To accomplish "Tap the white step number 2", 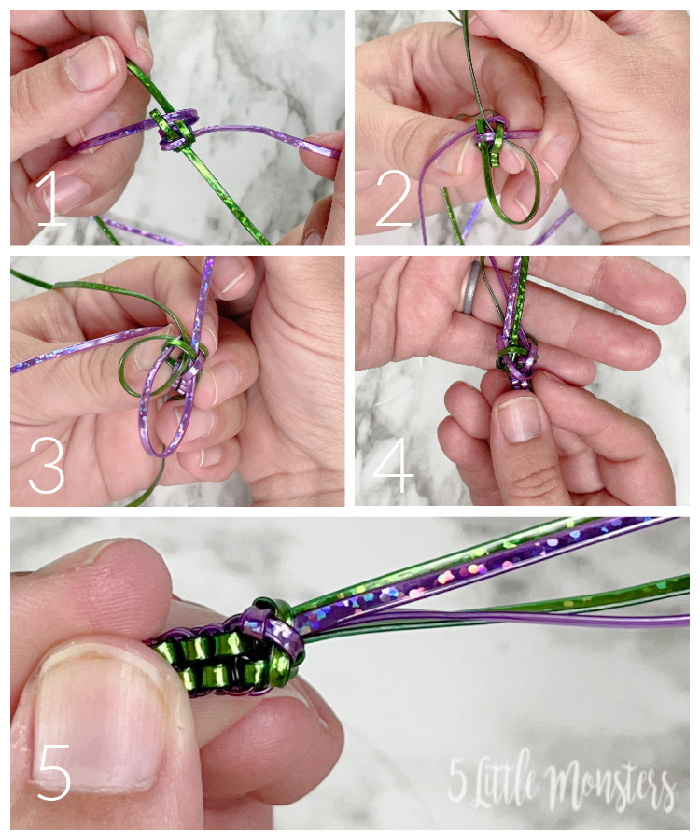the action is coord(394,198).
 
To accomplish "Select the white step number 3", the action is coord(47,465).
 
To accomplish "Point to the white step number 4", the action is coord(394,466).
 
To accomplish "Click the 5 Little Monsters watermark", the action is coord(560,783).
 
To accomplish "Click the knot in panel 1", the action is coord(175,130).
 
